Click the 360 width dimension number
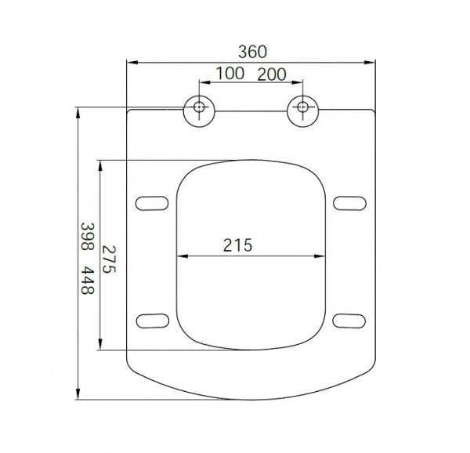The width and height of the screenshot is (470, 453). [x=252, y=52]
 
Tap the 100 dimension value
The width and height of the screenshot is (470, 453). [x=230, y=74]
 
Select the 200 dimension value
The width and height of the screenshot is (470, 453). [x=272, y=74]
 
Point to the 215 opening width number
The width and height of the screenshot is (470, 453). [x=237, y=245]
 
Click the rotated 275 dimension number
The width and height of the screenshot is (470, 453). [x=109, y=259]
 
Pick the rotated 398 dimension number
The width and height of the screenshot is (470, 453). [x=88, y=237]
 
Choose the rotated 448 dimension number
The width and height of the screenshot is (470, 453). [x=88, y=280]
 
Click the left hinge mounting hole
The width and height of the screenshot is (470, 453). [x=199, y=107]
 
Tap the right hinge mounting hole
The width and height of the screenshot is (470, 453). [x=302, y=107]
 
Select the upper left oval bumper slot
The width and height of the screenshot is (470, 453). [x=152, y=203]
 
